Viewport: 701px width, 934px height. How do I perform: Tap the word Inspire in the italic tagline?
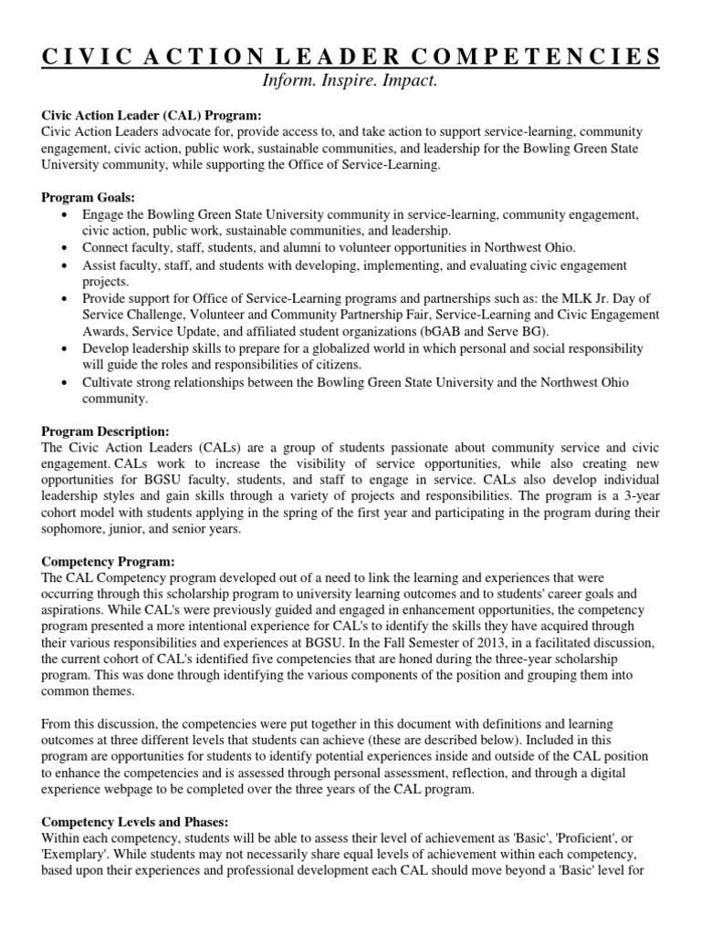(x=350, y=82)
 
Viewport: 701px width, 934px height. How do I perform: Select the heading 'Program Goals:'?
(x=88, y=197)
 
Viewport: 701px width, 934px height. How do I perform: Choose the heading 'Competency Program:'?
(x=103, y=560)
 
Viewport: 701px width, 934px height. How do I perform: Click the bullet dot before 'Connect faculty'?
(x=63, y=248)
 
